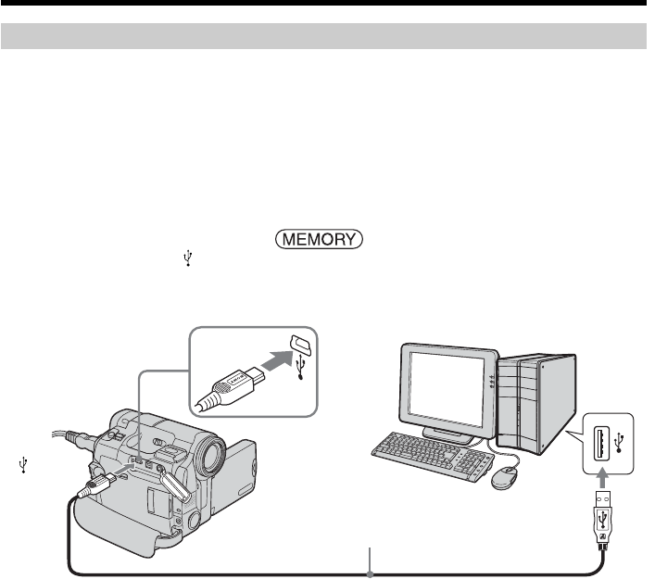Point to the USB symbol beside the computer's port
pyautogui.click(x=620, y=436)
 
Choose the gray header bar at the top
pyautogui.click(x=324, y=36)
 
